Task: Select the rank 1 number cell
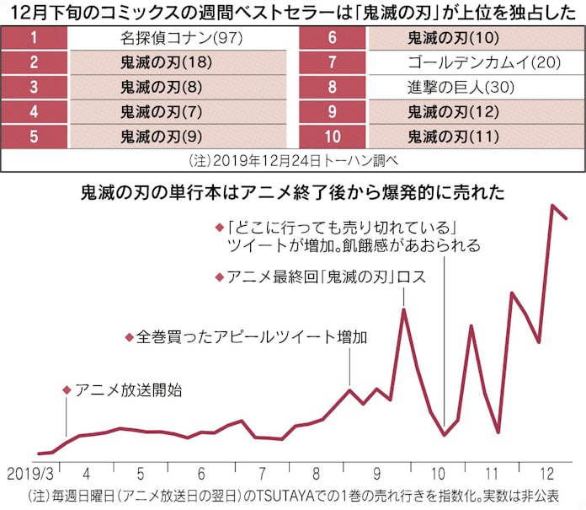coord(34,38)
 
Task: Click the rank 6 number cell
coord(332,38)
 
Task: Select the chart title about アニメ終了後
coord(292,192)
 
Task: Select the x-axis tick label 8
coord(316,473)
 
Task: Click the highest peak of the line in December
coord(553,205)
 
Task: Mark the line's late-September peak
coord(404,309)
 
